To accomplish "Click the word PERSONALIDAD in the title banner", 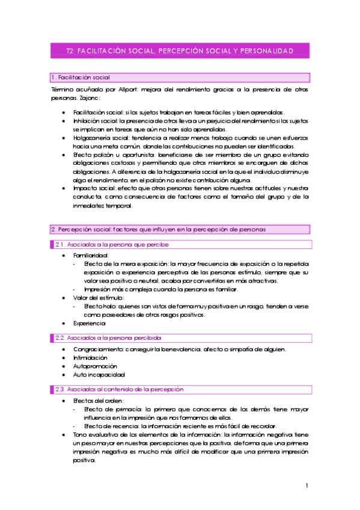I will (x=265, y=51).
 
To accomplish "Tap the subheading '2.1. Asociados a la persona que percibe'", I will (x=112, y=244).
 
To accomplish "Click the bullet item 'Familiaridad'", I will (x=91, y=256).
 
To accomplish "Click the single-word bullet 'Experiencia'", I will (x=90, y=323).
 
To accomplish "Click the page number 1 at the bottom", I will (x=307, y=485).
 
